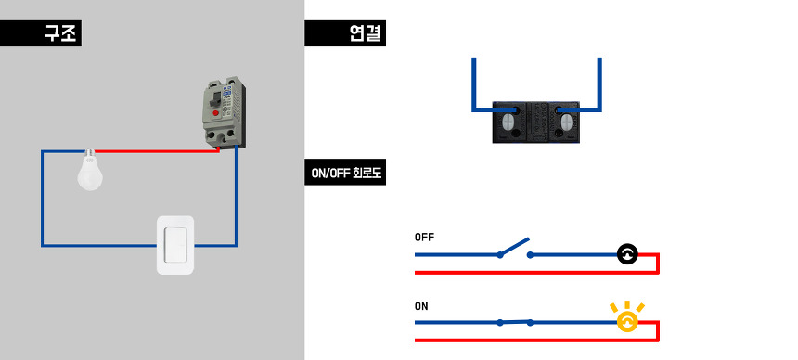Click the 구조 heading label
[60, 33]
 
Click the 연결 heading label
[366, 33]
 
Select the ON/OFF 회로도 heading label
[346, 174]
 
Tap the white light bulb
[90, 170]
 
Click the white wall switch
[175, 245]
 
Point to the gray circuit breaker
[225, 113]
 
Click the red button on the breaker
[215, 112]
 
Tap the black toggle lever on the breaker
[216, 96]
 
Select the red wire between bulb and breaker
[157, 151]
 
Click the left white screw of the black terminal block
[508, 122]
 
